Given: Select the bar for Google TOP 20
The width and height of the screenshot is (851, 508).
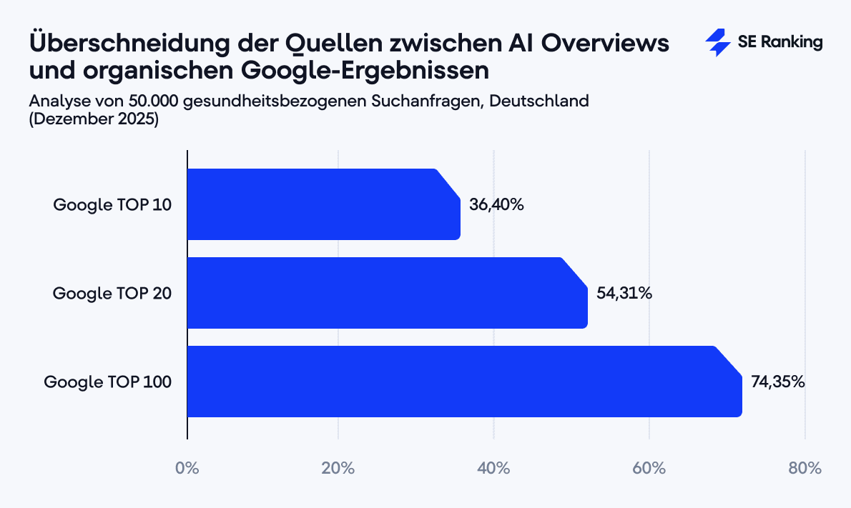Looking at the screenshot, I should pos(387,293).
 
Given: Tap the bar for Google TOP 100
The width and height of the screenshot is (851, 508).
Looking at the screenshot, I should pos(464,382).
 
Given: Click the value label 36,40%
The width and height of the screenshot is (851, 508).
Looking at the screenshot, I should pos(496,204).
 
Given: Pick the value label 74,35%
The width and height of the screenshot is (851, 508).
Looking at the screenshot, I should pos(778,382).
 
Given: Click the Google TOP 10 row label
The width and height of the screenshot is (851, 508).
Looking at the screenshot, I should pos(112,204).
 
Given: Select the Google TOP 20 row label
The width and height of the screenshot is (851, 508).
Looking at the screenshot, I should pos(112,293).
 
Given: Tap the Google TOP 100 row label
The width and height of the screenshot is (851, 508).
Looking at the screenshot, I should pos(108,382).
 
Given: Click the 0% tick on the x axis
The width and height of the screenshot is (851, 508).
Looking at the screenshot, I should pos(187,469).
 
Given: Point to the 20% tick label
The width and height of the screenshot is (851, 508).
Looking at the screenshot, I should pos(338,469).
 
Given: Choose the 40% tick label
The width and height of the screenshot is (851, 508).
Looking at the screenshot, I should pos(493,469).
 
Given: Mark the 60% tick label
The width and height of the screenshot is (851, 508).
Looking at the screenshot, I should pos(649,469).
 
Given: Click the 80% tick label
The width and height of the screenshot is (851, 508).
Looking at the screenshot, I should pos(805,469).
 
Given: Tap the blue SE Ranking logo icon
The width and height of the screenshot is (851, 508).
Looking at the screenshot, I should pos(717,43).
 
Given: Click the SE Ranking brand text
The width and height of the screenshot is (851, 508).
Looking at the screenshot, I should pos(780,42).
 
